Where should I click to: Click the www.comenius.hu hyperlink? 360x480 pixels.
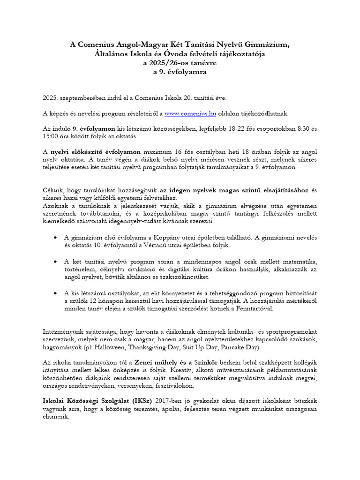(187, 113)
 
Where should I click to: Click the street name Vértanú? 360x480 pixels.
(168, 246)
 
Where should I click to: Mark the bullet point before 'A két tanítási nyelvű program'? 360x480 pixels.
(56, 261)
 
